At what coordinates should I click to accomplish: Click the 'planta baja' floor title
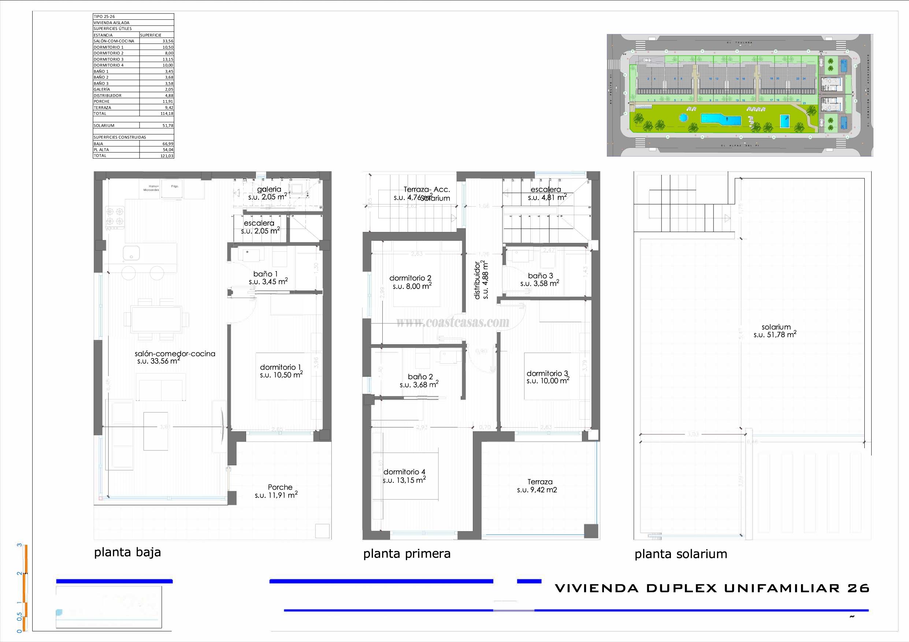tap(127, 552)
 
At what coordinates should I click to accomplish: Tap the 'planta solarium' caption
tap(680, 554)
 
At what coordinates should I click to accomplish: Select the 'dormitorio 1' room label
tap(281, 367)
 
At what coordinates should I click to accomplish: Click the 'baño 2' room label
tap(420, 376)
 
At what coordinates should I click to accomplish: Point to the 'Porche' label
tap(280, 487)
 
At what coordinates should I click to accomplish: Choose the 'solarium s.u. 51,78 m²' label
tap(775, 331)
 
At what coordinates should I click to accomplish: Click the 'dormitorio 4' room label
tap(404, 472)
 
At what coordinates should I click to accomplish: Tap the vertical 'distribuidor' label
tap(478, 281)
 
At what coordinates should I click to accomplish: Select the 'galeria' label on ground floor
tap(269, 189)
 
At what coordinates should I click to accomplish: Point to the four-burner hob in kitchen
tap(115, 217)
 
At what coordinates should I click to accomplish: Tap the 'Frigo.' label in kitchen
tap(175, 186)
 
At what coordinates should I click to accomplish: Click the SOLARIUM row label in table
tap(104, 125)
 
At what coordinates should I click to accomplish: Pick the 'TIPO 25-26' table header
tap(104, 16)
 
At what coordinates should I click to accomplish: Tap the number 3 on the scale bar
tap(19, 545)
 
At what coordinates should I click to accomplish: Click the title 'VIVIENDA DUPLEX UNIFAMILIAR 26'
tap(712, 588)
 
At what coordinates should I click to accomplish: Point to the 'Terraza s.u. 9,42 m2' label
tap(537, 486)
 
